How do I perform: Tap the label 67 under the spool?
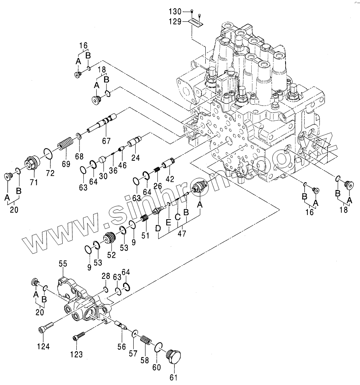106,141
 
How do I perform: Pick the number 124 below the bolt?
44,346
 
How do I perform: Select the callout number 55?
63,264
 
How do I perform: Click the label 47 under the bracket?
182,233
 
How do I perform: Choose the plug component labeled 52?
109,238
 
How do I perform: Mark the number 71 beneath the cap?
34,182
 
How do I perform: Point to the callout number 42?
169,179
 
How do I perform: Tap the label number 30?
103,176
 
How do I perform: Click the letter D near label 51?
158,229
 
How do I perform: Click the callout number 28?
106,276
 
